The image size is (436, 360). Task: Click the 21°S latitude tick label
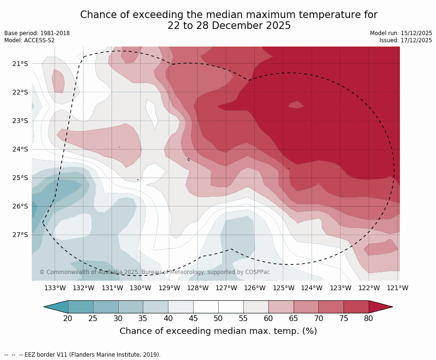[20, 64]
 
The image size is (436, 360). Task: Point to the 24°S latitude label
[20, 149]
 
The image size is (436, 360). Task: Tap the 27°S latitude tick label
[20, 235]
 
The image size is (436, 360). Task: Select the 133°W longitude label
[55, 288]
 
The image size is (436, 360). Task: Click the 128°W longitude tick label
[198, 288]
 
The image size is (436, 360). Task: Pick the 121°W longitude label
[398, 288]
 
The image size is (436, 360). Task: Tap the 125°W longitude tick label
[283, 288]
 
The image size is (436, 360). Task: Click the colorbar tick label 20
[68, 318]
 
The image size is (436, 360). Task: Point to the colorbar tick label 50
[218, 318]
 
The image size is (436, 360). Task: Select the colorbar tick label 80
[369, 318]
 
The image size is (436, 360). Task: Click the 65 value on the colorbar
[294, 318]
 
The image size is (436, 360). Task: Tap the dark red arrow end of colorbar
[380, 307]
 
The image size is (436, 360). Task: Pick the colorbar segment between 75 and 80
[356, 307]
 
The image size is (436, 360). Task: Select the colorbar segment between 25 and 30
[106, 307]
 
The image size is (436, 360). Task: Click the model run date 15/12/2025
[417, 33]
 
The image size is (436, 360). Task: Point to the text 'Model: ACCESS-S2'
[29, 40]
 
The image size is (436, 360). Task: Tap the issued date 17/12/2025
[417, 40]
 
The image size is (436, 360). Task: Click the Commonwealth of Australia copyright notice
[155, 272]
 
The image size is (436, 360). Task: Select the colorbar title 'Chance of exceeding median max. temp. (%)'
[218, 331]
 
